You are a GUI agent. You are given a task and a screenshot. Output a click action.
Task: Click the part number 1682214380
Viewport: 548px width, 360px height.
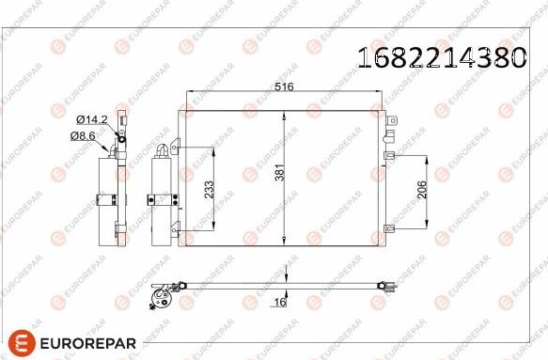[442, 57]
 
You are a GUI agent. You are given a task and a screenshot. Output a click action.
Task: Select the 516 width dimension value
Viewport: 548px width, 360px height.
[284, 86]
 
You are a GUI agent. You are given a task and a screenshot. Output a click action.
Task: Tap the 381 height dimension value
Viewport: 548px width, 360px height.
[280, 172]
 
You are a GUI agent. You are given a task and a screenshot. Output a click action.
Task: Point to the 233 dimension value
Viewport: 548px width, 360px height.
[209, 190]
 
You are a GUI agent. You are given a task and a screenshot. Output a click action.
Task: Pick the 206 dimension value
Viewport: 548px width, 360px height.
[422, 190]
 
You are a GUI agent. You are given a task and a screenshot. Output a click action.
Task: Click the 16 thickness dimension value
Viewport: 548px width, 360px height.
[280, 302]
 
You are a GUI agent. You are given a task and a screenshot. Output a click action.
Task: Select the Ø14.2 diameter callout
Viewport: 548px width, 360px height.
[91, 119]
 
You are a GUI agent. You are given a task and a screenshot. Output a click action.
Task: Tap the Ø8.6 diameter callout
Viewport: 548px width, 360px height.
[83, 135]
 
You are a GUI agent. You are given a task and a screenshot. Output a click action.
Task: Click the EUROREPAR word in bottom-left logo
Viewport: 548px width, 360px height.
[87, 343]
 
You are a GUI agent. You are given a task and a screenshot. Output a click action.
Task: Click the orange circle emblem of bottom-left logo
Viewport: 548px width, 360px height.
[22, 343]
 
